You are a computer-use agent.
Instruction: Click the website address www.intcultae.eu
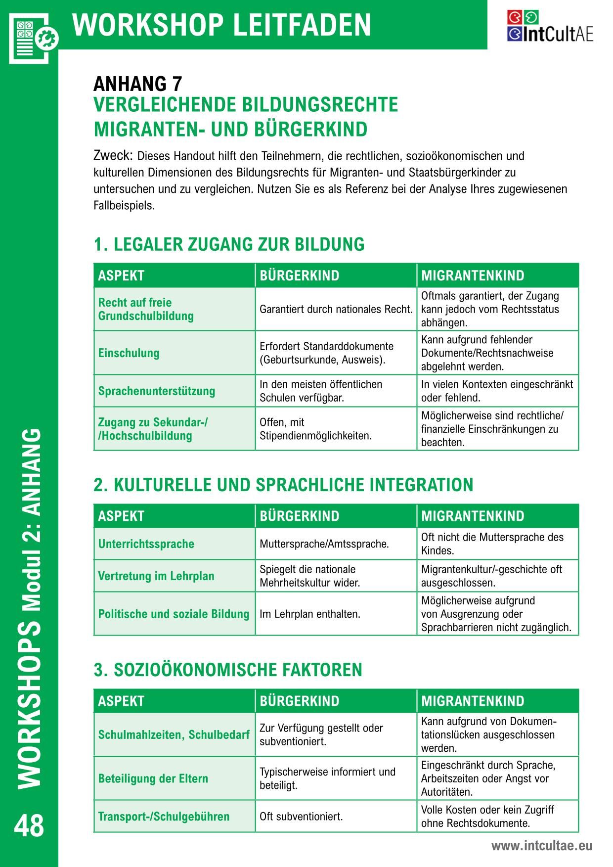[541, 846]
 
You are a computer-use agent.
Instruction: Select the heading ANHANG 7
[137, 84]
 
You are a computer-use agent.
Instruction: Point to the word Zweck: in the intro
[113, 155]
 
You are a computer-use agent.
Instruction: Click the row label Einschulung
[129, 353]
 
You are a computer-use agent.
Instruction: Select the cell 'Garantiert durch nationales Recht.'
[336, 310]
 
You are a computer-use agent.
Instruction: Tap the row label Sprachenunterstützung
[156, 391]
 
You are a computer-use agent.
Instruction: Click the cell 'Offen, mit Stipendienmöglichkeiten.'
[315, 429]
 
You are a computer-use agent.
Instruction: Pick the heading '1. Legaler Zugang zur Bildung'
[229, 244]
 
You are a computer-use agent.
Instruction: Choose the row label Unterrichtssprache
[146, 544]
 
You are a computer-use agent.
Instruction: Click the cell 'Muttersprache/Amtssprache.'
[324, 544]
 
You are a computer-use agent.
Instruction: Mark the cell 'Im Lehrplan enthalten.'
[310, 614]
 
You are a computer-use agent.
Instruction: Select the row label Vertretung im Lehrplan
[156, 576]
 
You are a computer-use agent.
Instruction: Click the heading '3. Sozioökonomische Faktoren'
[228, 670]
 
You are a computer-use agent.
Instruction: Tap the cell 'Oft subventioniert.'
[301, 816]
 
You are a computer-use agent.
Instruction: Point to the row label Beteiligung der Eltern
[153, 778]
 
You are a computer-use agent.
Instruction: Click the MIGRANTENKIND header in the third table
[472, 701]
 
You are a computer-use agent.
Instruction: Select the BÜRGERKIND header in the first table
[299, 275]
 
